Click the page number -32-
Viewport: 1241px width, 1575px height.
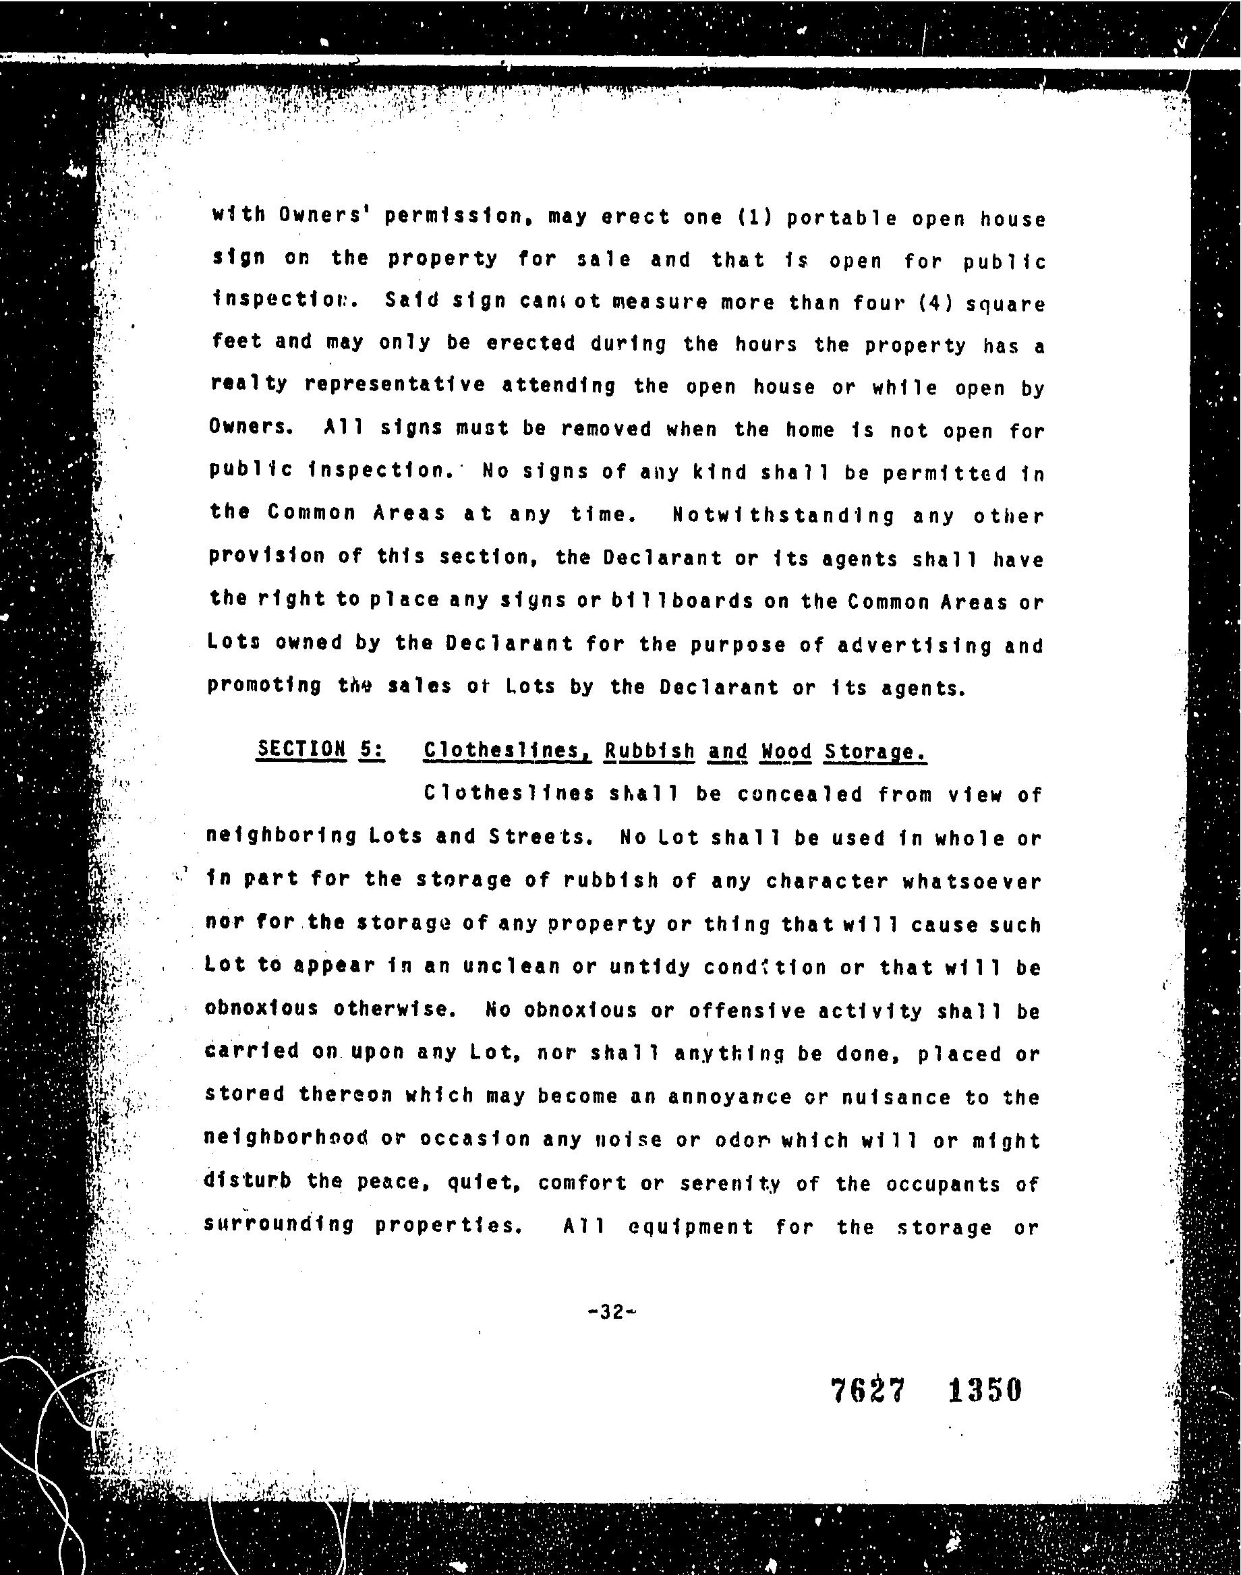click(612, 1312)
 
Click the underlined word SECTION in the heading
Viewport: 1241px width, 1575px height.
click(301, 748)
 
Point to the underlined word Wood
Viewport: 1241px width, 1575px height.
click(786, 751)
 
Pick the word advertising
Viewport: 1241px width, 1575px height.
click(915, 645)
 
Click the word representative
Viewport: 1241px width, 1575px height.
click(395, 385)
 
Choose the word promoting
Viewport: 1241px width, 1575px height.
click(264, 686)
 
